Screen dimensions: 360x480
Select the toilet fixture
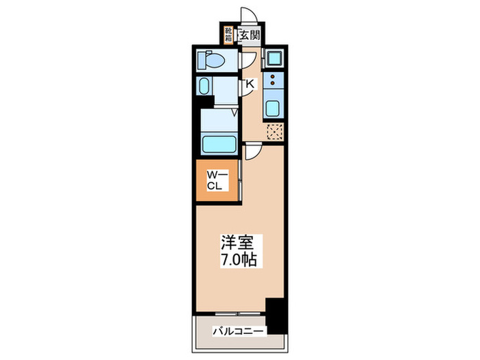pyautogui.click(x=211, y=61)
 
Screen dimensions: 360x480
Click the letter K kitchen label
pyautogui.click(x=250, y=84)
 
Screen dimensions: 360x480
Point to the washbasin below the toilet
pyautogui.click(x=205, y=86)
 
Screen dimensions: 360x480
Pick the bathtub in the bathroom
pyautogui.click(x=219, y=145)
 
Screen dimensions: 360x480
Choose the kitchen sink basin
pyautogui.click(x=273, y=108)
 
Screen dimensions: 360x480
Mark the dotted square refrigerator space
pyautogui.click(x=274, y=132)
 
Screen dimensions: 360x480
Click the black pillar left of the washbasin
pyautogui.click(x=200, y=103)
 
